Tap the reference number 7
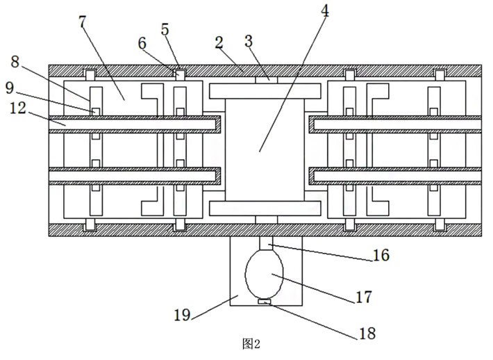click(83, 22)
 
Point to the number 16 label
click(380, 256)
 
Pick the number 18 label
click(367, 334)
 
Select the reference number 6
click(142, 43)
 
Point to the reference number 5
click(165, 29)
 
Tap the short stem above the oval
click(266, 243)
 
